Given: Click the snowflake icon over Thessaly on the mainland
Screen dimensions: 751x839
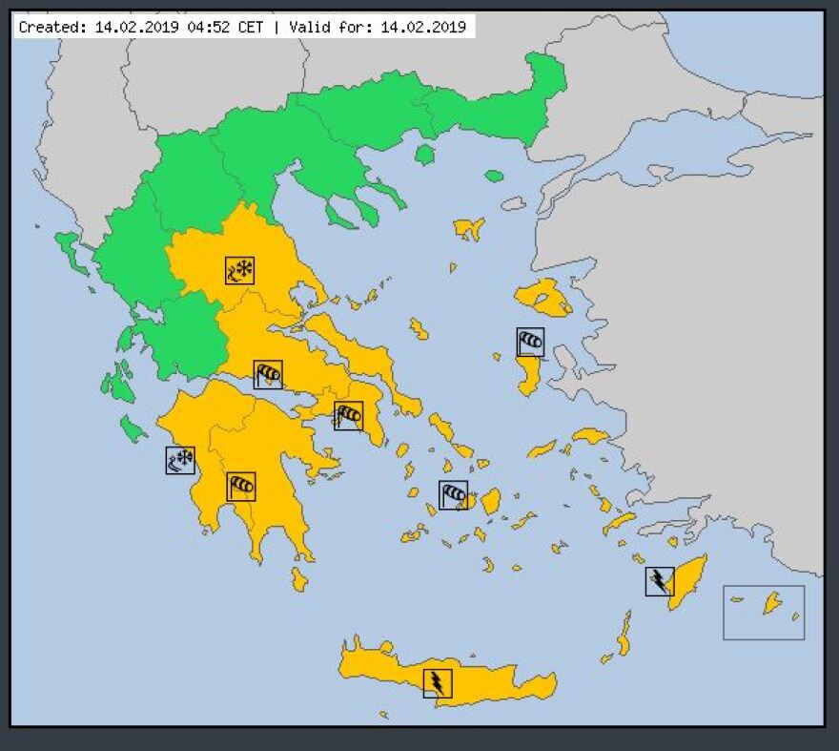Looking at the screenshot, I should click(239, 271).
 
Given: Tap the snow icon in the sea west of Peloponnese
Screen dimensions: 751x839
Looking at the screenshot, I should click(180, 461).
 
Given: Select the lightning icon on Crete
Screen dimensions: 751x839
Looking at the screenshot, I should click(438, 682).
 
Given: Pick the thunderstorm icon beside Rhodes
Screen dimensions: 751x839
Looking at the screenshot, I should click(660, 580).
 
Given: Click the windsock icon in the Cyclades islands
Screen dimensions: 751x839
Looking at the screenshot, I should click(454, 494).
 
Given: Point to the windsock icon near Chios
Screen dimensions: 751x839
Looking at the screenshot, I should click(530, 341).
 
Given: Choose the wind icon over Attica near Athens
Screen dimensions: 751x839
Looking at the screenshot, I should click(348, 415).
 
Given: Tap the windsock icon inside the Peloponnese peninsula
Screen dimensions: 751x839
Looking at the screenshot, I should click(241, 486).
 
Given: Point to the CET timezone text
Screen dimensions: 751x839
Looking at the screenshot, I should click(251, 27).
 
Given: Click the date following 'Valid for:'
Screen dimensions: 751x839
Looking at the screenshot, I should click(423, 27).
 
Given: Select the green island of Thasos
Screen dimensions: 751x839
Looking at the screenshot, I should click(425, 154).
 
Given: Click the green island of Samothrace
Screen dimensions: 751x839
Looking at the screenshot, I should click(494, 176).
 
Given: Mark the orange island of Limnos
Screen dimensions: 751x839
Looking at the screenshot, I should click(469, 228).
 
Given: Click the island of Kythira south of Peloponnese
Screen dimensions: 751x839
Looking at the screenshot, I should click(299, 578).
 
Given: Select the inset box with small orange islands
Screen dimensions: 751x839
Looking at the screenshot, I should click(764, 612).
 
